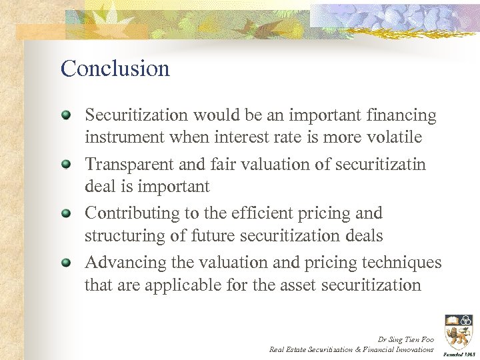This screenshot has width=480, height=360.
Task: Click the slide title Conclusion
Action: pos(115,69)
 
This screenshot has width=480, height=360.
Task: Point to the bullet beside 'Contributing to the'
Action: pos(66,213)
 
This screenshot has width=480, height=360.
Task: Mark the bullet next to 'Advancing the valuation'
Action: pos(66,263)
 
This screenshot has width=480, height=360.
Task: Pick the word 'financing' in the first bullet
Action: pos(401,116)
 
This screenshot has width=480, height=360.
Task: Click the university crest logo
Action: pos(458,331)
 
